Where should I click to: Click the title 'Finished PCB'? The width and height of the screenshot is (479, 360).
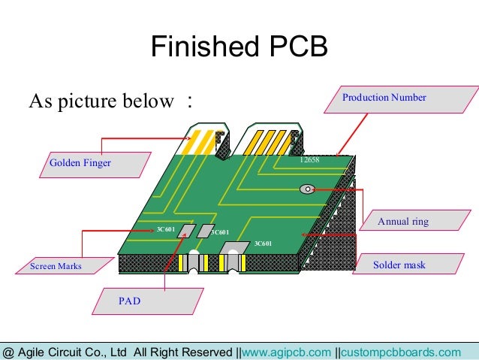(239, 47)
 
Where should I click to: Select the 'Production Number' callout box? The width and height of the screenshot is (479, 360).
(384, 98)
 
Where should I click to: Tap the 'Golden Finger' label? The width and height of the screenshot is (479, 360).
(80, 162)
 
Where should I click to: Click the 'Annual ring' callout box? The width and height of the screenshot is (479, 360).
(402, 222)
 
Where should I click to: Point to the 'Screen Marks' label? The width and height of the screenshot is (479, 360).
(56, 266)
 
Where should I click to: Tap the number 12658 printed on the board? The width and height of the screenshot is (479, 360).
(310, 161)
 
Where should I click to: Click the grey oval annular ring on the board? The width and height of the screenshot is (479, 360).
(307, 189)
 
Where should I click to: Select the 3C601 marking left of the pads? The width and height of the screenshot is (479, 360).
(165, 228)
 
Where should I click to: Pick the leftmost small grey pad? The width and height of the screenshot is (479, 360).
(185, 231)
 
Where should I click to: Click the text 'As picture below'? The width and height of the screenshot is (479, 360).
(101, 101)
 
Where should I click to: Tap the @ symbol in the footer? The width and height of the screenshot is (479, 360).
(8, 352)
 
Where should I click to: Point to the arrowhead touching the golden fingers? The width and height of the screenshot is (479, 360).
(187, 138)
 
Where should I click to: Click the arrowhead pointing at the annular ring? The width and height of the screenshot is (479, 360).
(315, 189)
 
